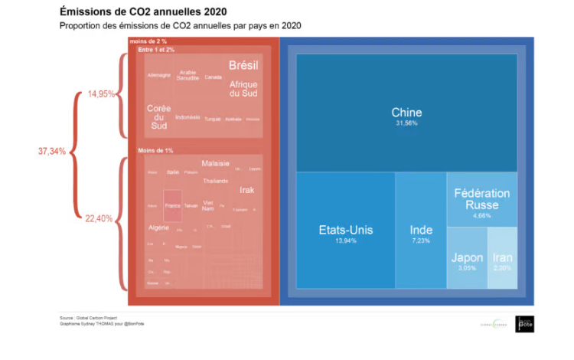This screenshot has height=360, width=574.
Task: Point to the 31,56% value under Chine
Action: click(x=406, y=123)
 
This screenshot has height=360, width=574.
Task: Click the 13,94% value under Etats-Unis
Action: click(x=345, y=241)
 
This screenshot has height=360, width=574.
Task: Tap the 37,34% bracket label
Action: click(x=52, y=151)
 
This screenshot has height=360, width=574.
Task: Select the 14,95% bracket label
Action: click(x=101, y=94)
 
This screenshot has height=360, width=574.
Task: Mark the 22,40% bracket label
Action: click(x=99, y=218)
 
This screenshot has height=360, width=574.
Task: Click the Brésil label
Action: click(x=243, y=66)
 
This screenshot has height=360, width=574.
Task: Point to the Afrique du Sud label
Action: click(x=243, y=88)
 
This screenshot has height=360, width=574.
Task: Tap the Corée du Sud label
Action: click(x=158, y=117)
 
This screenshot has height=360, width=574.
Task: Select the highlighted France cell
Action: click(x=172, y=205)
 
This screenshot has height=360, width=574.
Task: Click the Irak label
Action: click(x=246, y=190)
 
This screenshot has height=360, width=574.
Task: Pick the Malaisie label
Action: click(x=215, y=163)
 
